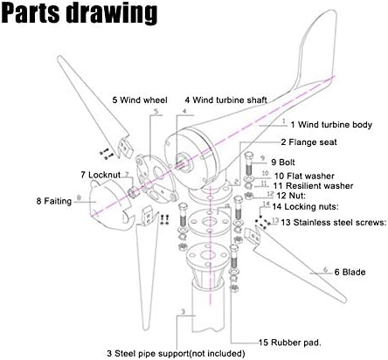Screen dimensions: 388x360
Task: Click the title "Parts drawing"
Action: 80,12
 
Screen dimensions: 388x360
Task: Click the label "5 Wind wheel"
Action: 140,100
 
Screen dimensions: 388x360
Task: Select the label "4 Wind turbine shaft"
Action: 226,100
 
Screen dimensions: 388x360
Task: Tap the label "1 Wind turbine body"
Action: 331,125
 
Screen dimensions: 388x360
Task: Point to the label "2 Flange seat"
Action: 308,142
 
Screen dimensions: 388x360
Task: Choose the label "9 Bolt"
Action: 283,163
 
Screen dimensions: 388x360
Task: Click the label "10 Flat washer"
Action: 304,176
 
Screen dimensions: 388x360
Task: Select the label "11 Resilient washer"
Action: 313,186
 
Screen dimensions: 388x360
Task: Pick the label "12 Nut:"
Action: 291,196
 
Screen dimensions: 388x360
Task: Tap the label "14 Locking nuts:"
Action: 306,207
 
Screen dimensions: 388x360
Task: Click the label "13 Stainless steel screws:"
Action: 334,223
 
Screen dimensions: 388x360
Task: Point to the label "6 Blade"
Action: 350,273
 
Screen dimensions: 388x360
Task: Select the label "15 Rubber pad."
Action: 290,343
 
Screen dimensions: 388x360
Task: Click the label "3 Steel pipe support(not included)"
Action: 176,354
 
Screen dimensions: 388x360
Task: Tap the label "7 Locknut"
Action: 100,175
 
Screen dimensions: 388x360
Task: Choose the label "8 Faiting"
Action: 54,201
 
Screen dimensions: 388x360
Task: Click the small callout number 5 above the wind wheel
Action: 156,111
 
